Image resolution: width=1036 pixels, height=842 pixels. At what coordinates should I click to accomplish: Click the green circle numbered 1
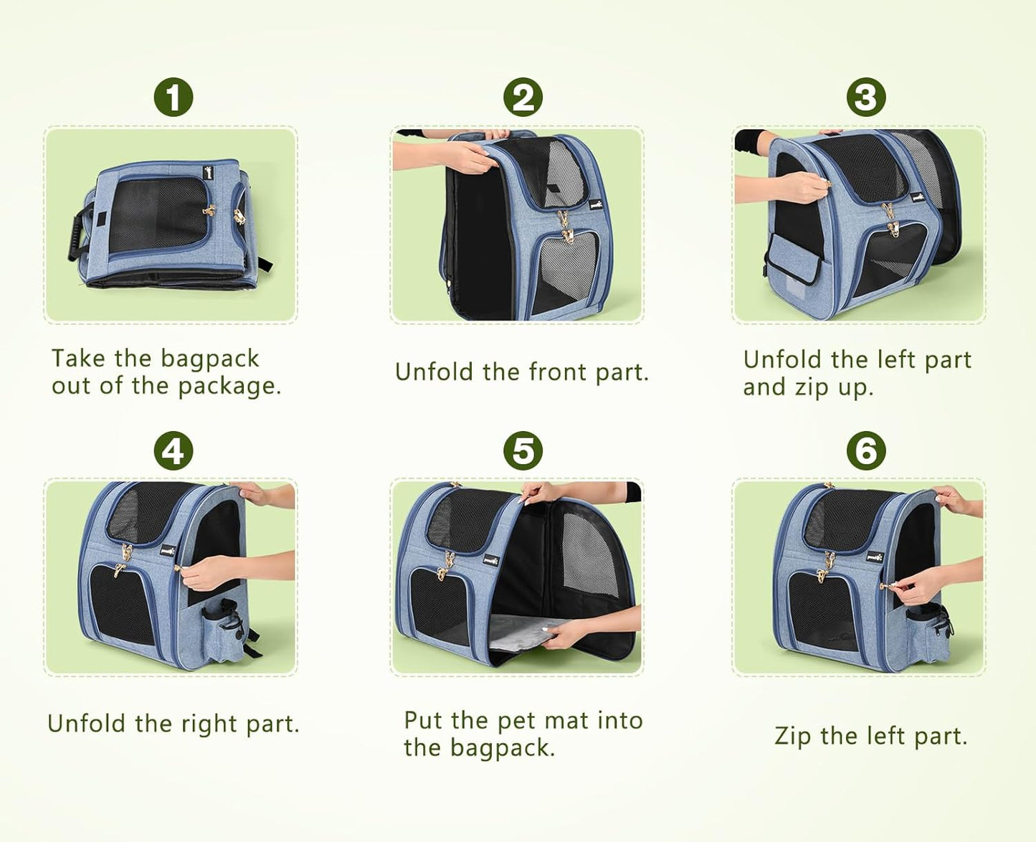click(174, 98)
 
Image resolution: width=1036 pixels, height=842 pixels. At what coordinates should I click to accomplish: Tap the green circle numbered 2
click(523, 98)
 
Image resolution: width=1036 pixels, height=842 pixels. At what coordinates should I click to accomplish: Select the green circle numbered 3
click(866, 98)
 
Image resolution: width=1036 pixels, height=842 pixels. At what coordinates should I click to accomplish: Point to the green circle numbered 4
click(174, 451)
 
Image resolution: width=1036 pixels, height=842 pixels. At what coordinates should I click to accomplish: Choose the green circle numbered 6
click(866, 451)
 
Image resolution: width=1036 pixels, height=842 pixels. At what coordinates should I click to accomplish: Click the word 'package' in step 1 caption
click(229, 388)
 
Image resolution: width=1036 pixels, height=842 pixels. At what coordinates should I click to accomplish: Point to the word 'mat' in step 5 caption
click(569, 722)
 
